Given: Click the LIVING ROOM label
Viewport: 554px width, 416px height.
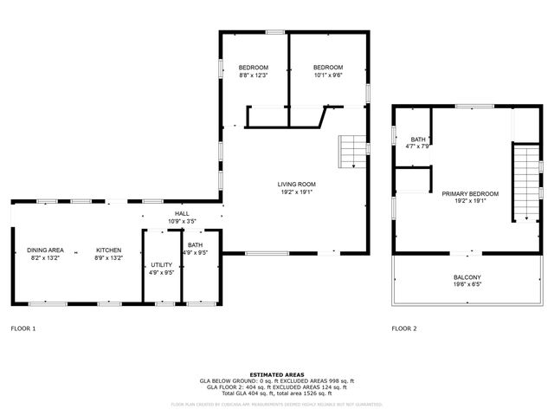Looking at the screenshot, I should click(296, 184).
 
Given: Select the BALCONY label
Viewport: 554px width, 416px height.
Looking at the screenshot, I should click(467, 277).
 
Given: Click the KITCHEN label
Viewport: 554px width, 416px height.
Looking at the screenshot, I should click(108, 250).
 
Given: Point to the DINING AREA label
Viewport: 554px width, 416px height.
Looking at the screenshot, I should click(44, 250).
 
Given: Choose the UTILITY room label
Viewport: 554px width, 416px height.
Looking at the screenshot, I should click(162, 264).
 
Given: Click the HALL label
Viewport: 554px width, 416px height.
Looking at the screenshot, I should click(182, 213).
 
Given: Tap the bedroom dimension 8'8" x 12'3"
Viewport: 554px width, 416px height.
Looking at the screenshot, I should click(254, 75).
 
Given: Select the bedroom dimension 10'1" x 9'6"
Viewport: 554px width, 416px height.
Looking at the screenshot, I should click(328, 75).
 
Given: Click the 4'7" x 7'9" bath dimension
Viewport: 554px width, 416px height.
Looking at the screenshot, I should click(418, 146).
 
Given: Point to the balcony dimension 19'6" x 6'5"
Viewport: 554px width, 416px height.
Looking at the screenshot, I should click(467, 284).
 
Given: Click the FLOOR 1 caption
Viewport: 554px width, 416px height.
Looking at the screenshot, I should click(23, 328).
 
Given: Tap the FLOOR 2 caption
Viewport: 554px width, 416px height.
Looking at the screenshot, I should click(404, 328).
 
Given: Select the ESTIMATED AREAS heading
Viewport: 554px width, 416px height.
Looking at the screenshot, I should click(277, 374).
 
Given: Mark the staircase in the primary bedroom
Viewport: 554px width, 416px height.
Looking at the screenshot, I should click(525, 182).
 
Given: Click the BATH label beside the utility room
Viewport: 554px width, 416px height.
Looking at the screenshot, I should click(195, 245).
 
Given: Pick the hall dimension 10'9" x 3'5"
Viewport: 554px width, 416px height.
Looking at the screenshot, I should click(182, 221).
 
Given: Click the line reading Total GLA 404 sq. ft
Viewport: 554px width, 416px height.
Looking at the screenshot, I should click(277, 393).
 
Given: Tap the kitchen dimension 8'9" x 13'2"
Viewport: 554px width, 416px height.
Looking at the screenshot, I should click(108, 257).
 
